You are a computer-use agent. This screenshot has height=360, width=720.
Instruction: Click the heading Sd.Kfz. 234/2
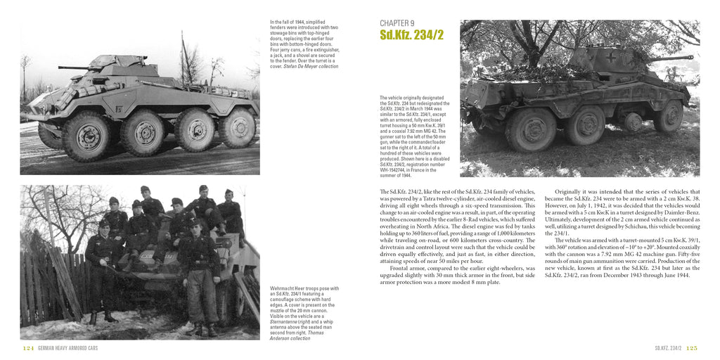[411, 35]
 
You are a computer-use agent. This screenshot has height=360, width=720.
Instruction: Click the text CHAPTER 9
[397, 23]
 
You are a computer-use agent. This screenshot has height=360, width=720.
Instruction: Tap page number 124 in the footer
[27, 348]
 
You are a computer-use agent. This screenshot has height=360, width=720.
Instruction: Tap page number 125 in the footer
[691, 348]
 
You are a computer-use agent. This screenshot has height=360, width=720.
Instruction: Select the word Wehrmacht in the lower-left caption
[283, 288]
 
